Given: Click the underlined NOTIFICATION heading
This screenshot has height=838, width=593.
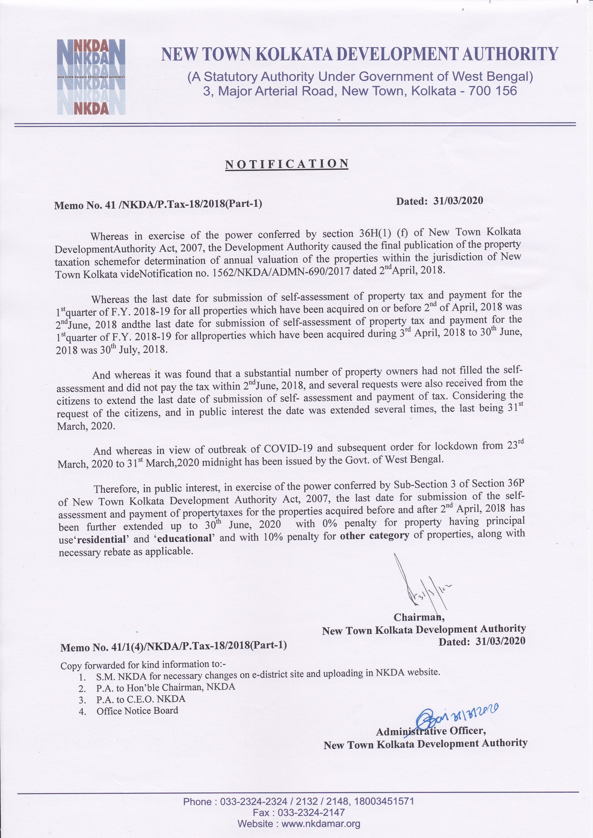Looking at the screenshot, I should tap(287, 164).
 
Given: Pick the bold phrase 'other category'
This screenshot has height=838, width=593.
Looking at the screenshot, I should tap(374, 536).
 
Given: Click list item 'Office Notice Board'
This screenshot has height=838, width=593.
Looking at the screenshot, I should tap(137, 711).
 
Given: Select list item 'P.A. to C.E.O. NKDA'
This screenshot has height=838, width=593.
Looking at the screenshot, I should tap(141, 699).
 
